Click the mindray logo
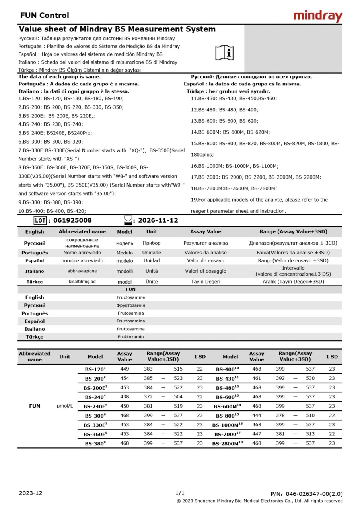317,16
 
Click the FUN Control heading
45,16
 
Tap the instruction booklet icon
225,52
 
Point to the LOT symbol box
41,220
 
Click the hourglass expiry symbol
128,220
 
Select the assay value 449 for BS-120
125,369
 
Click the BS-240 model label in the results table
95,397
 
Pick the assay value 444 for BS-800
257,415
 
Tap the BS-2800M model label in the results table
227,443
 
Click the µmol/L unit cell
65,406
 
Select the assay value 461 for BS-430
257,378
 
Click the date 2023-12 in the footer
30,493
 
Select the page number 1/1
180,493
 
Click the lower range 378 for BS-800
280,415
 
